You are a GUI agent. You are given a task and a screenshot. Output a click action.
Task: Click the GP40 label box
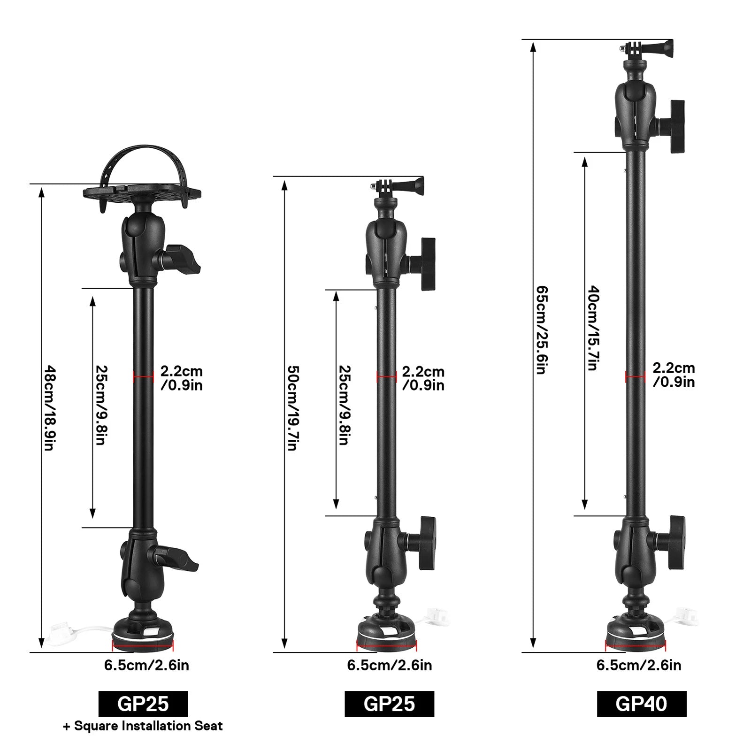(x=641, y=704)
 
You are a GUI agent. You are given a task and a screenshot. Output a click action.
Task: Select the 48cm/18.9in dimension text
(x=49, y=408)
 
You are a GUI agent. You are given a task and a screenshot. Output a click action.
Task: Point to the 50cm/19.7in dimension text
(x=292, y=408)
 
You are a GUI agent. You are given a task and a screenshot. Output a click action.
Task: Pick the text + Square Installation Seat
(x=143, y=726)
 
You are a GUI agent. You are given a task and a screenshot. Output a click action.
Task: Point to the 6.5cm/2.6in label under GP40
(x=638, y=665)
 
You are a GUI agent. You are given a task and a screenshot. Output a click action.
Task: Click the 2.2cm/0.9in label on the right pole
(x=674, y=375)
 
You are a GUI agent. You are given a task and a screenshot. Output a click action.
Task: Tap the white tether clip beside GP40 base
(x=687, y=615)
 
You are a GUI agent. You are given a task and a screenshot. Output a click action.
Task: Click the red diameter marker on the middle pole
(x=387, y=376)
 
